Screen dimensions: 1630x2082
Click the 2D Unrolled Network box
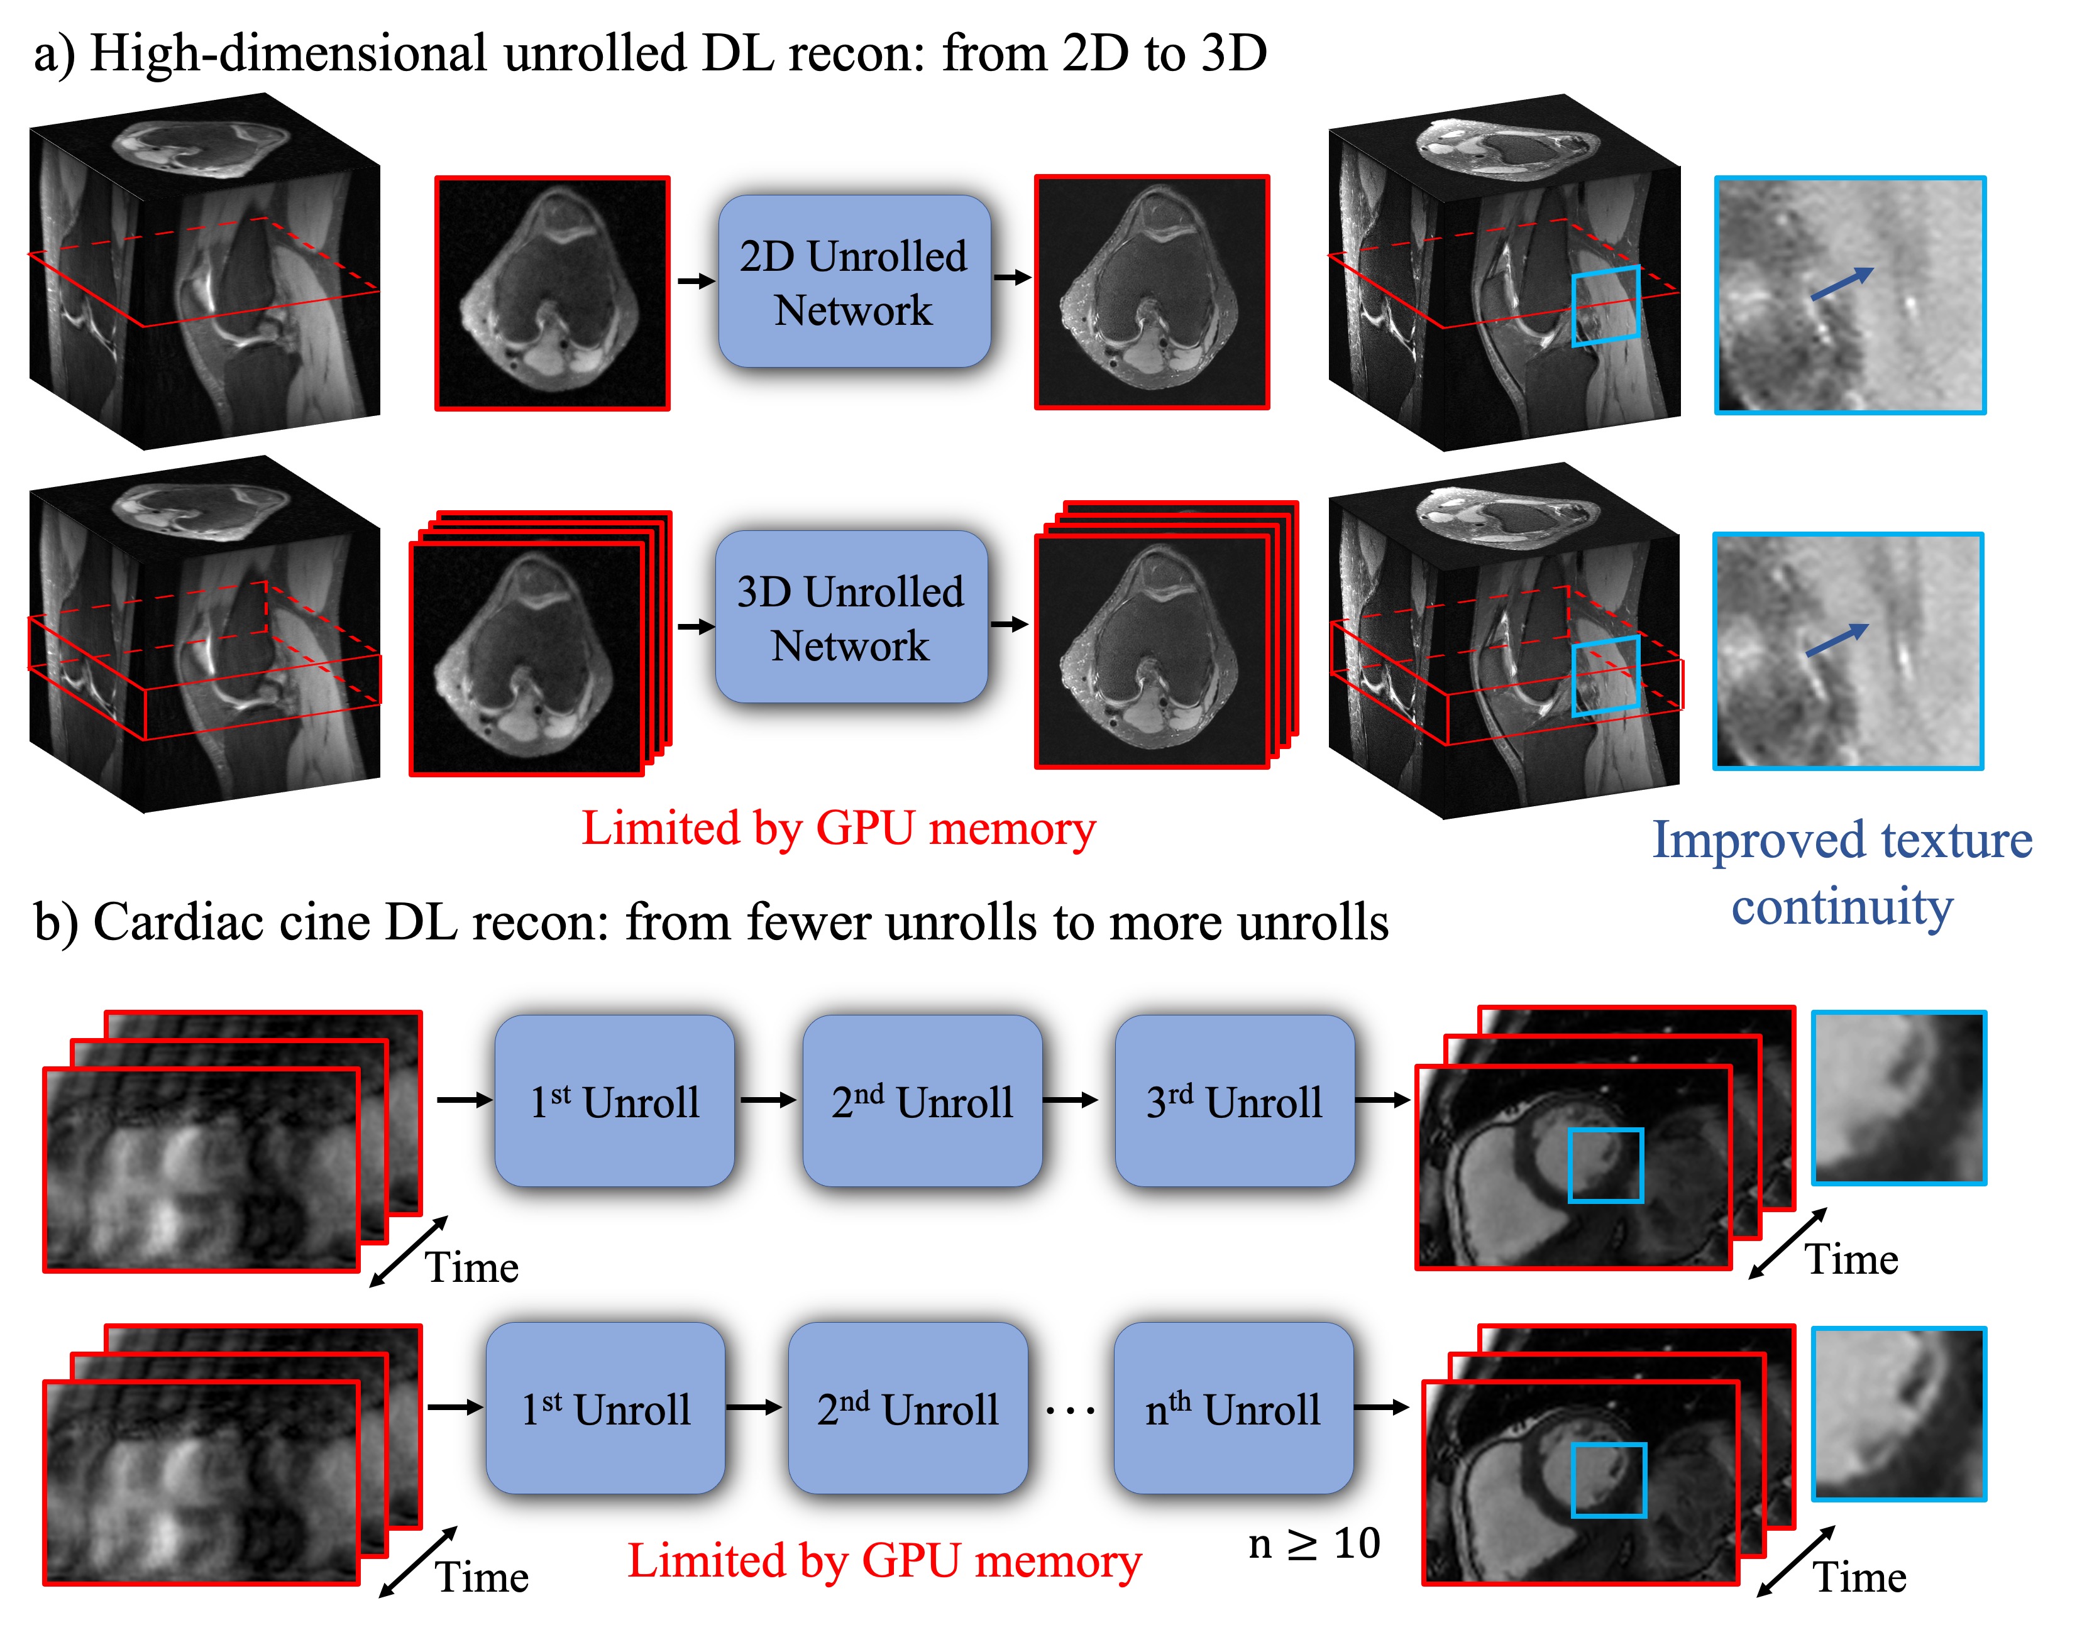[x=854, y=282]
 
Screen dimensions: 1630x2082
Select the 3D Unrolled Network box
[x=851, y=618]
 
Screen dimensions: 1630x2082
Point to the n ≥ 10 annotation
[x=1314, y=1543]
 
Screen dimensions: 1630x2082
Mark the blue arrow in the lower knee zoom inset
[x=1837, y=640]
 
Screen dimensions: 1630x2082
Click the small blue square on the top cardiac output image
[x=1605, y=1164]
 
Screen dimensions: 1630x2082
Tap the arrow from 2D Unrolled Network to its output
[x=1013, y=278]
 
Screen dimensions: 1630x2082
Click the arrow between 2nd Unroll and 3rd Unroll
[x=1069, y=1100]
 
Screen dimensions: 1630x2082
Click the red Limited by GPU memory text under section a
[x=838, y=828]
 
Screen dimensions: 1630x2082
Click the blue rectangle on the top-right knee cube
[x=1606, y=305]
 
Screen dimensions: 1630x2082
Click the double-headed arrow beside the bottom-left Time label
[x=417, y=1562]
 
